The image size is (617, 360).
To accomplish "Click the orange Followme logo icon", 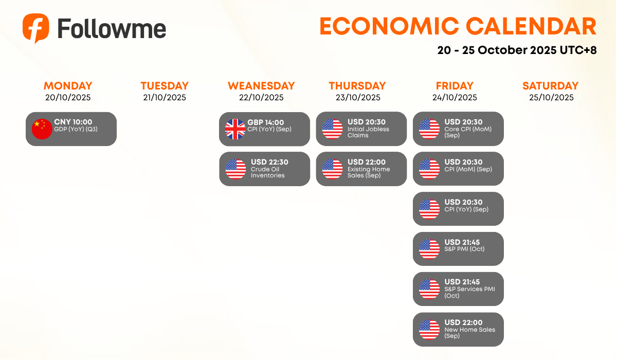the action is click(x=36, y=28).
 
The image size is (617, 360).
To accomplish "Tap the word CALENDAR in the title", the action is click(x=531, y=26).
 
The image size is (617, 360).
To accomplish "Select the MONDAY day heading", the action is click(x=68, y=86).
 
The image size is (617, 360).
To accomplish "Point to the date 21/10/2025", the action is click(x=165, y=98).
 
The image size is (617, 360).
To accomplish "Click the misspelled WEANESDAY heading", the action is click(x=261, y=86).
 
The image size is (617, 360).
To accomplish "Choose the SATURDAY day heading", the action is click(x=551, y=86).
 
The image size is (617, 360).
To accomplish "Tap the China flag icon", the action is click(x=42, y=129).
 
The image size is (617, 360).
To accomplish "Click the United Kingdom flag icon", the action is click(x=235, y=129).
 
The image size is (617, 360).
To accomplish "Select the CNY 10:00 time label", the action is click(x=73, y=122).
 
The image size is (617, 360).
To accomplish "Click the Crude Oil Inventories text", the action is click(x=267, y=172).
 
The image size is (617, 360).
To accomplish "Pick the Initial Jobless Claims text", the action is click(x=368, y=132).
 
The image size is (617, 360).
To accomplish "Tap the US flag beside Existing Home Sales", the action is click(x=333, y=169).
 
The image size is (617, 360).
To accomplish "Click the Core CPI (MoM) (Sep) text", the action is click(x=468, y=132).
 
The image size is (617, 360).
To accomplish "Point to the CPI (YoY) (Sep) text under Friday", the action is click(x=466, y=209).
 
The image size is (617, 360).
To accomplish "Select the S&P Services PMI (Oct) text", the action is click(x=469, y=293).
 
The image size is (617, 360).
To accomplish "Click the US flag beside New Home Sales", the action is click(x=429, y=330).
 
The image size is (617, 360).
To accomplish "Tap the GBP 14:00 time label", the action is click(x=265, y=122).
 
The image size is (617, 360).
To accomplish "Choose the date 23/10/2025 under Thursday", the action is click(x=358, y=98).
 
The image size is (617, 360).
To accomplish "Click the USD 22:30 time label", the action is click(x=269, y=162).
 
